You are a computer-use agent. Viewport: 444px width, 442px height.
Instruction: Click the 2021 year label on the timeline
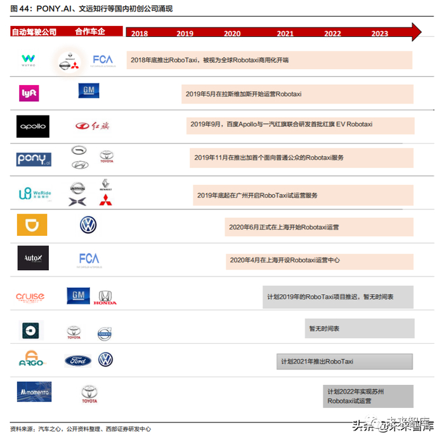[x=285, y=34]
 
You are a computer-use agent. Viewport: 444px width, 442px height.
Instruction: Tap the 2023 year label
[x=380, y=34]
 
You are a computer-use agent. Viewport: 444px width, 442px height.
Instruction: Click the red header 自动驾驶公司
[x=34, y=31]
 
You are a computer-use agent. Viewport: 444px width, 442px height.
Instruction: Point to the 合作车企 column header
[x=89, y=31]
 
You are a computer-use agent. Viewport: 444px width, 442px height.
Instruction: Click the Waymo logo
[x=29, y=60]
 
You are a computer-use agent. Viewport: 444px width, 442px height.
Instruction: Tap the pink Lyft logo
[x=29, y=93]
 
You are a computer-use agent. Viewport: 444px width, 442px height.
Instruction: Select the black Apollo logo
[x=32, y=126]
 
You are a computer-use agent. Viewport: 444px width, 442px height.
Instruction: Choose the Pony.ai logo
[x=34, y=159]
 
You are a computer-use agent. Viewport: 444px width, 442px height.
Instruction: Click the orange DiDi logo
[x=32, y=225]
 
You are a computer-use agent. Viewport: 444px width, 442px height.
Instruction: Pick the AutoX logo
[x=33, y=258]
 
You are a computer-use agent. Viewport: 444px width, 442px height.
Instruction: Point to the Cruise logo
[x=30, y=297]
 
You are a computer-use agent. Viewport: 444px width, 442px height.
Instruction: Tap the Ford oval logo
[x=78, y=361]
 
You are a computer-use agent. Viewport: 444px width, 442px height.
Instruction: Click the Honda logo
[x=105, y=297]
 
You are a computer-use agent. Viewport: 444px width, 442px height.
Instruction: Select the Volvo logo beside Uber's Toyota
[x=104, y=333]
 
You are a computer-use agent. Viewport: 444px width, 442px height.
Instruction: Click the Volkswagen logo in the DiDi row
[x=88, y=224]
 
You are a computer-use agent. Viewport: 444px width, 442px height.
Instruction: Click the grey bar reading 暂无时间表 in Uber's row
[x=360, y=328]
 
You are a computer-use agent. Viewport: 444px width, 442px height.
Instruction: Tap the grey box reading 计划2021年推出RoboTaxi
[x=344, y=361]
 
